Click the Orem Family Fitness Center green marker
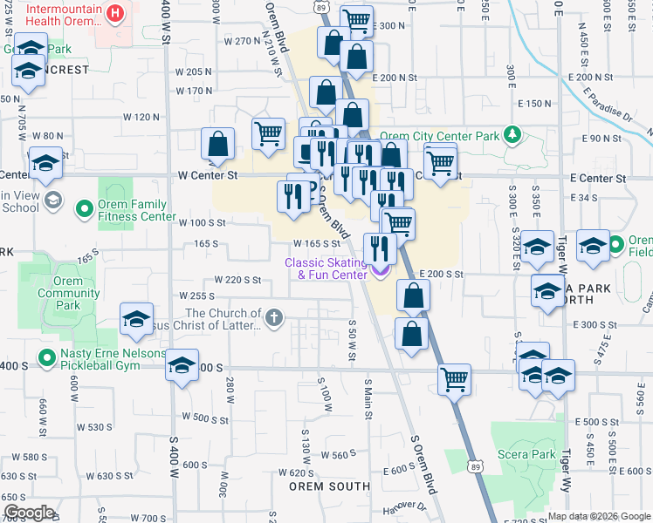[85, 209]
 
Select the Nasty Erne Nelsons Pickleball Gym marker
[45, 358]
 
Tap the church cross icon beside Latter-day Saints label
[274, 316]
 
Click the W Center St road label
[208, 175]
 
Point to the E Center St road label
[598, 178]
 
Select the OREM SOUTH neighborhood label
[318, 486]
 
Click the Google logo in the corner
[29, 513]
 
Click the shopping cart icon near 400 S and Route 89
[455, 379]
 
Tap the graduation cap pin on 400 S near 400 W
[182, 366]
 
